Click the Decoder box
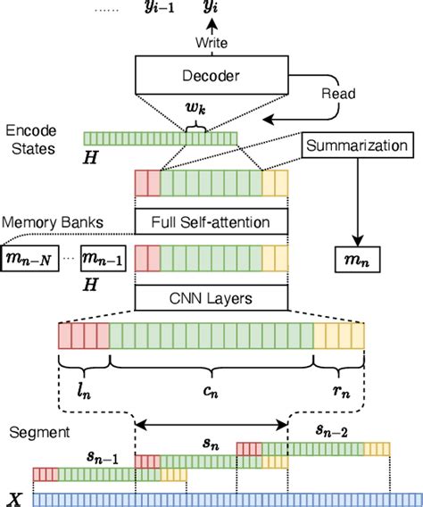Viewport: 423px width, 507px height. pyautogui.click(x=211, y=75)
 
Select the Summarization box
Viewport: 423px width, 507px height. pyautogui.click(x=357, y=145)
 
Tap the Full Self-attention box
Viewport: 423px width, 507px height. pyautogui.click(x=211, y=220)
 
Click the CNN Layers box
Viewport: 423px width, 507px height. pyautogui.click(x=211, y=296)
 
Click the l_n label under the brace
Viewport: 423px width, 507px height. pyautogui.click(x=83, y=389)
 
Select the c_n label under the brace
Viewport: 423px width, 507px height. pyautogui.click(x=211, y=389)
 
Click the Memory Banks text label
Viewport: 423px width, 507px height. pyautogui.click(x=43, y=220)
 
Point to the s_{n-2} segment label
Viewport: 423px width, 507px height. pyautogui.click(x=335, y=429)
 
